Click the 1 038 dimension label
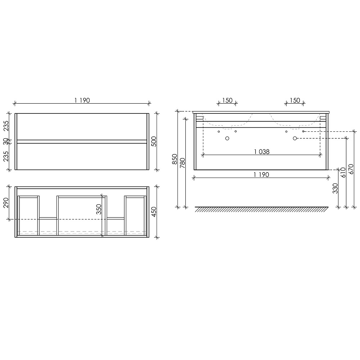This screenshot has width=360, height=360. [x=261, y=152]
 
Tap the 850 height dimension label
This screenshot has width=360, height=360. [x=175, y=159]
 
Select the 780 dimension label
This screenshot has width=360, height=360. [x=183, y=163]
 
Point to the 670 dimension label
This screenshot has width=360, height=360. [x=351, y=169]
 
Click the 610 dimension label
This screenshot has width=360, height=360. [x=343, y=172]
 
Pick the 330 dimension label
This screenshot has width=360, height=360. [x=335, y=188]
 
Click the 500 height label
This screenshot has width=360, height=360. [x=154, y=141]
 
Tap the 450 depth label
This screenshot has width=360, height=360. [x=154, y=212]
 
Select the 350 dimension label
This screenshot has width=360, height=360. [x=99, y=209]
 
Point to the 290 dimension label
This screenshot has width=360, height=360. [x=6, y=202]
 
